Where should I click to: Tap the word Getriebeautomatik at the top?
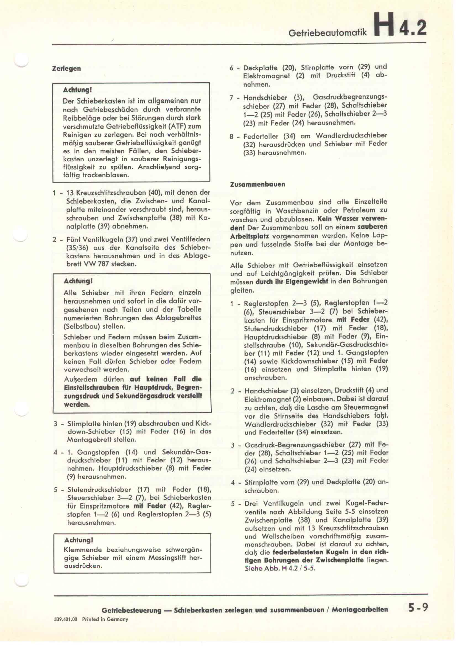[328, 32]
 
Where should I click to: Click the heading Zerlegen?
[66, 68]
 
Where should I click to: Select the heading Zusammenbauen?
[258, 184]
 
